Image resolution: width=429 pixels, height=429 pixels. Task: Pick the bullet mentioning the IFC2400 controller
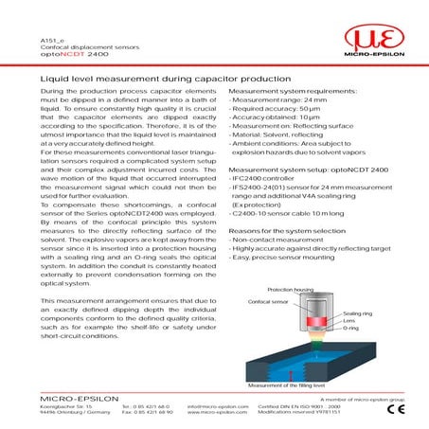[x=275, y=181]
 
